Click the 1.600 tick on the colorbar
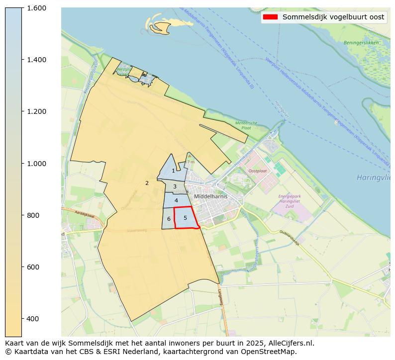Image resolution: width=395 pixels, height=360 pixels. pyautogui.click(x=37, y=8)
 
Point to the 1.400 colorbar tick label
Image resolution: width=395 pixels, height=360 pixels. pyautogui.click(x=37, y=60)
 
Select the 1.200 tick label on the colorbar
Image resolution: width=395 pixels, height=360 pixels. pyautogui.click(x=37, y=111)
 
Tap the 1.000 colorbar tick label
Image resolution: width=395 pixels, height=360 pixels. pyautogui.click(x=37, y=163)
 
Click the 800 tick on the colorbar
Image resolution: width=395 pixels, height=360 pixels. pyautogui.click(x=34, y=215)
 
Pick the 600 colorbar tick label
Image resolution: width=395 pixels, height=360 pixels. pyautogui.click(x=34, y=267)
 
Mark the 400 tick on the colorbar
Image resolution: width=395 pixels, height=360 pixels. pyautogui.click(x=34, y=319)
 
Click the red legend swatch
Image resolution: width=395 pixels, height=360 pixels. pyautogui.click(x=271, y=17)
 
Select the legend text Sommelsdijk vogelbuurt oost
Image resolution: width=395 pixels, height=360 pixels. pyautogui.click(x=333, y=17)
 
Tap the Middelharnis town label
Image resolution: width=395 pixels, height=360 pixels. pyautogui.click(x=211, y=196)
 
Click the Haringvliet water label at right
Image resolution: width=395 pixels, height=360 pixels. pyautogui.click(x=373, y=178)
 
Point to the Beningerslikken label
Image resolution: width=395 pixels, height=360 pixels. pyautogui.click(x=362, y=43)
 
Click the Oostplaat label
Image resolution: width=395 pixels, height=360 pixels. pyautogui.click(x=257, y=171)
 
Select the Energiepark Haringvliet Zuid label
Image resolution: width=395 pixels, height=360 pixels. pyautogui.click(x=289, y=200)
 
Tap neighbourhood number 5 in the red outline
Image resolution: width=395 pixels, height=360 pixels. pyautogui.click(x=185, y=218)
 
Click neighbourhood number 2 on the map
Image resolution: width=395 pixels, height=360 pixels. pyautogui.click(x=147, y=183)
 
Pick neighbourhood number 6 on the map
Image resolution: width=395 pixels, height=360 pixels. pyautogui.click(x=169, y=219)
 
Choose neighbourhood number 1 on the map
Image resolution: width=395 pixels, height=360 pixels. pyautogui.click(x=173, y=171)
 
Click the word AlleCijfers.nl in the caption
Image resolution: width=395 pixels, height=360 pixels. pyautogui.click(x=292, y=343)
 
